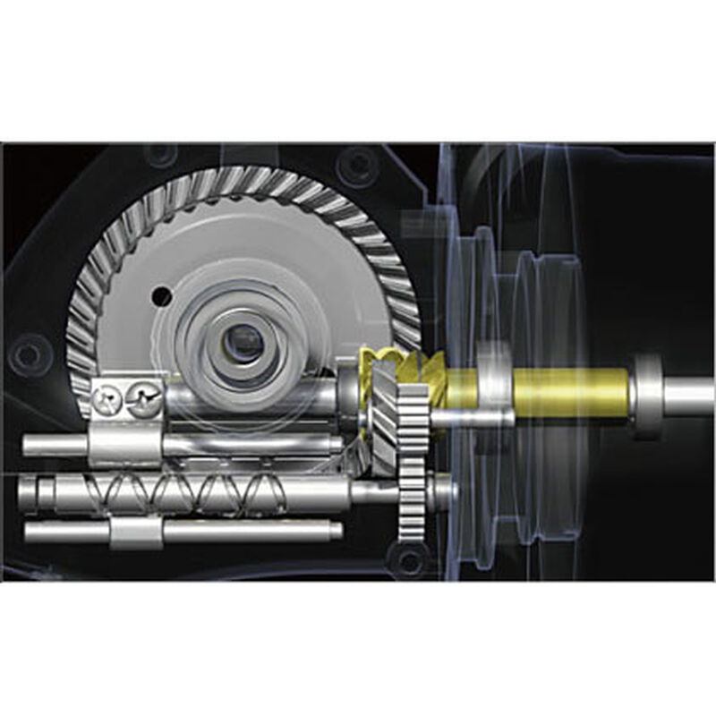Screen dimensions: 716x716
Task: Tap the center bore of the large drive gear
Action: pos(242,339)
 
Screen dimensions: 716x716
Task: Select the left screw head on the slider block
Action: pos(110,397)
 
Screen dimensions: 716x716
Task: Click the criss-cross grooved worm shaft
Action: pos(197,490)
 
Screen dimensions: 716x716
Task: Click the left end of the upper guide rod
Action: pos(31,444)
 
